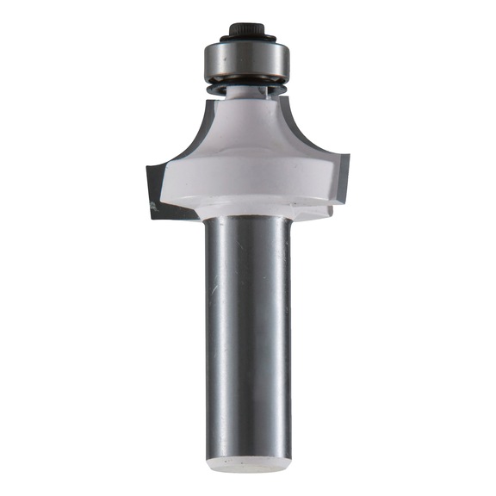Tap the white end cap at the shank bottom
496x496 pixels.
click(x=247, y=466)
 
